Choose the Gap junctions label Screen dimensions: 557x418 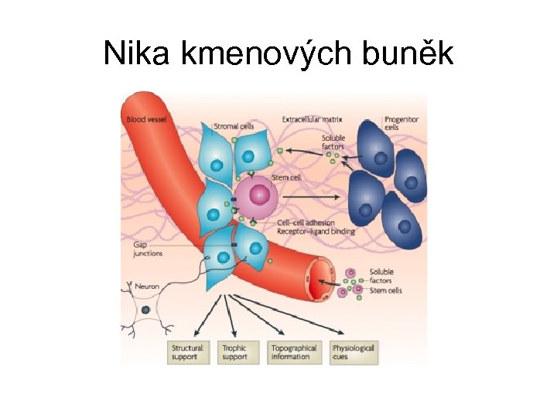(x=146, y=248)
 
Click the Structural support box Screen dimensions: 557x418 (x=188, y=353)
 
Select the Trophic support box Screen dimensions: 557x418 (x=237, y=353)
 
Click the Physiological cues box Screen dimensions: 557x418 (x=354, y=353)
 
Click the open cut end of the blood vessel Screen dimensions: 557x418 (x=319, y=282)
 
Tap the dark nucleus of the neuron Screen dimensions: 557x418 (x=145, y=310)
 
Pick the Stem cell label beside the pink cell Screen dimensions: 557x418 (x=286, y=177)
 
